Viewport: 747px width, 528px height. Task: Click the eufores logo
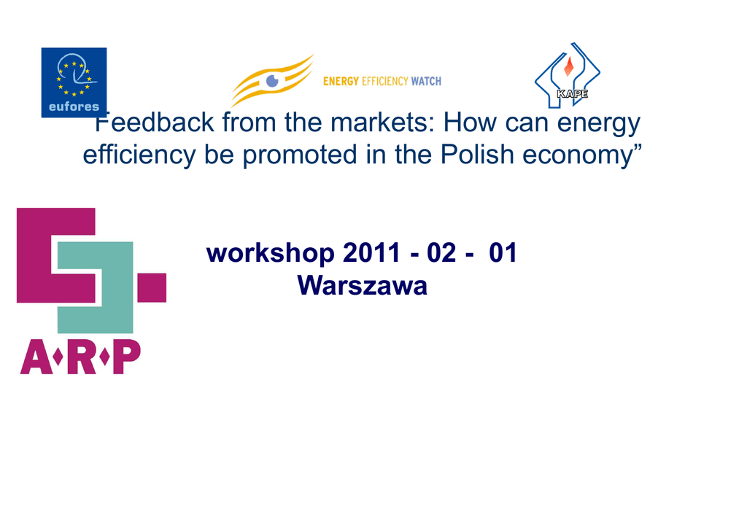pyautogui.click(x=74, y=82)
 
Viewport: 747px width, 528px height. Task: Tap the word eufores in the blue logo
pyautogui.click(x=74, y=106)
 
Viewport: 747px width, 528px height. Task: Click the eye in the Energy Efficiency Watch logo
pyautogui.click(x=272, y=81)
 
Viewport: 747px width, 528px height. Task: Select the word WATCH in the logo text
pyautogui.click(x=426, y=82)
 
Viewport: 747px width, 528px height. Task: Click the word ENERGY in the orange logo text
pyautogui.click(x=341, y=82)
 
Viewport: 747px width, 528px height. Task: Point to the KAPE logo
pyautogui.click(x=568, y=74)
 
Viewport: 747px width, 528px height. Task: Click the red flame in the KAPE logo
pyautogui.click(x=568, y=66)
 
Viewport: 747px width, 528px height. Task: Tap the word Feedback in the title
pyautogui.click(x=155, y=123)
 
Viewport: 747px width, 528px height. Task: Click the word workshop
pyautogui.click(x=270, y=253)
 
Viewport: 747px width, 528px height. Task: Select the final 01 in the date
pyautogui.click(x=503, y=253)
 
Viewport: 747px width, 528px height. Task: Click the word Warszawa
pyautogui.click(x=362, y=286)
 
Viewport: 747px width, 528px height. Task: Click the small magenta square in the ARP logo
pyautogui.click(x=152, y=287)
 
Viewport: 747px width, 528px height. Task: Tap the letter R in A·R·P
pyautogui.click(x=81, y=357)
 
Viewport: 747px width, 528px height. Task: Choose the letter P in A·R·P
pyautogui.click(x=127, y=357)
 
